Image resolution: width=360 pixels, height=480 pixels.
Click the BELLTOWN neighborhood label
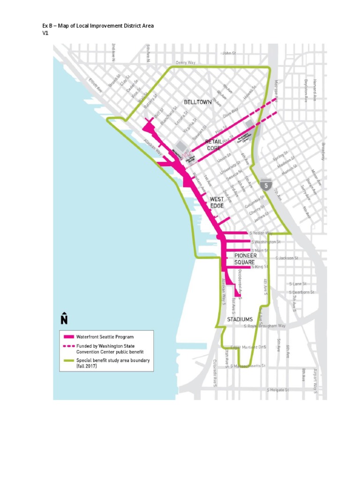click(197, 102)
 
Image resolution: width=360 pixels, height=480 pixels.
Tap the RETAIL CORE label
click(213, 144)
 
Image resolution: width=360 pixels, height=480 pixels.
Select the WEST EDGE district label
click(217, 202)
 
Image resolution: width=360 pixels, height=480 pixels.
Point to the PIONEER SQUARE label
click(245, 259)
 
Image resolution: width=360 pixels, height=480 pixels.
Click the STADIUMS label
click(240, 319)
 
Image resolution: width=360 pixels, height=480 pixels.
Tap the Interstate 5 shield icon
click(266, 184)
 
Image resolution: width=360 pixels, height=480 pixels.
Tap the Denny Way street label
click(186, 62)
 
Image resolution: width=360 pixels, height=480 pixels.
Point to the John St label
click(229, 53)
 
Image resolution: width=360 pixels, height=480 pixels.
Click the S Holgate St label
click(277, 390)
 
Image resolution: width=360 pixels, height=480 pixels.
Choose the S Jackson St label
click(286, 258)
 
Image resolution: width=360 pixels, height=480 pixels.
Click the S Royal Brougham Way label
click(265, 325)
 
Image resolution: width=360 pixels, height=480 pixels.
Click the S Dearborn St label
click(301, 292)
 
